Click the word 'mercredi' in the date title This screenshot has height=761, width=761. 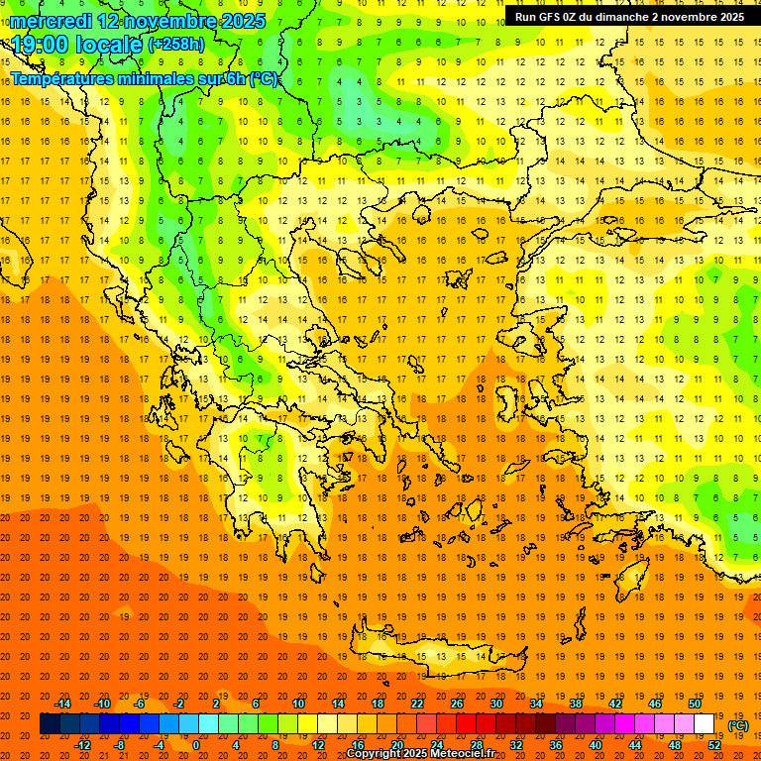[x=51, y=20]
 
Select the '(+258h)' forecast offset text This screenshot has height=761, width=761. [x=176, y=45]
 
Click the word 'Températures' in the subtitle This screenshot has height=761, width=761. [x=60, y=78]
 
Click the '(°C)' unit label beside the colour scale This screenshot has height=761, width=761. [x=738, y=725]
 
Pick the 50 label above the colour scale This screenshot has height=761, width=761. [x=694, y=704]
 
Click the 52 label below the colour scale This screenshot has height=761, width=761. [x=713, y=745]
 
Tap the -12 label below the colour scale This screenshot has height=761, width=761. [x=82, y=745]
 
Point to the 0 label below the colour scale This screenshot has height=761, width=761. [x=196, y=745]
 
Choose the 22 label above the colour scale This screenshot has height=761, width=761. [x=417, y=704]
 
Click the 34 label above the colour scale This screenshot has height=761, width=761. [x=535, y=704]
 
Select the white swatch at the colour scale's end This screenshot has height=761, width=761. [x=704, y=724]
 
